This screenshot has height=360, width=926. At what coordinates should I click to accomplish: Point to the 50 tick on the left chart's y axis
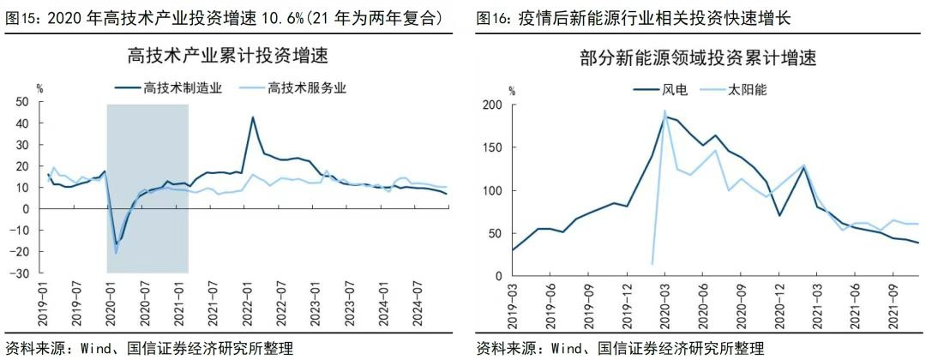tap(22, 102)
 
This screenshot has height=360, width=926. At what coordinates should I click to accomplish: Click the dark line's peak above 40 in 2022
tap(253, 117)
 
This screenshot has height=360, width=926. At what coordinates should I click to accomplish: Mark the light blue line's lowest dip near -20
tap(117, 253)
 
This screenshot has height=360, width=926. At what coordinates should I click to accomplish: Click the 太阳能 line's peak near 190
tap(664, 111)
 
